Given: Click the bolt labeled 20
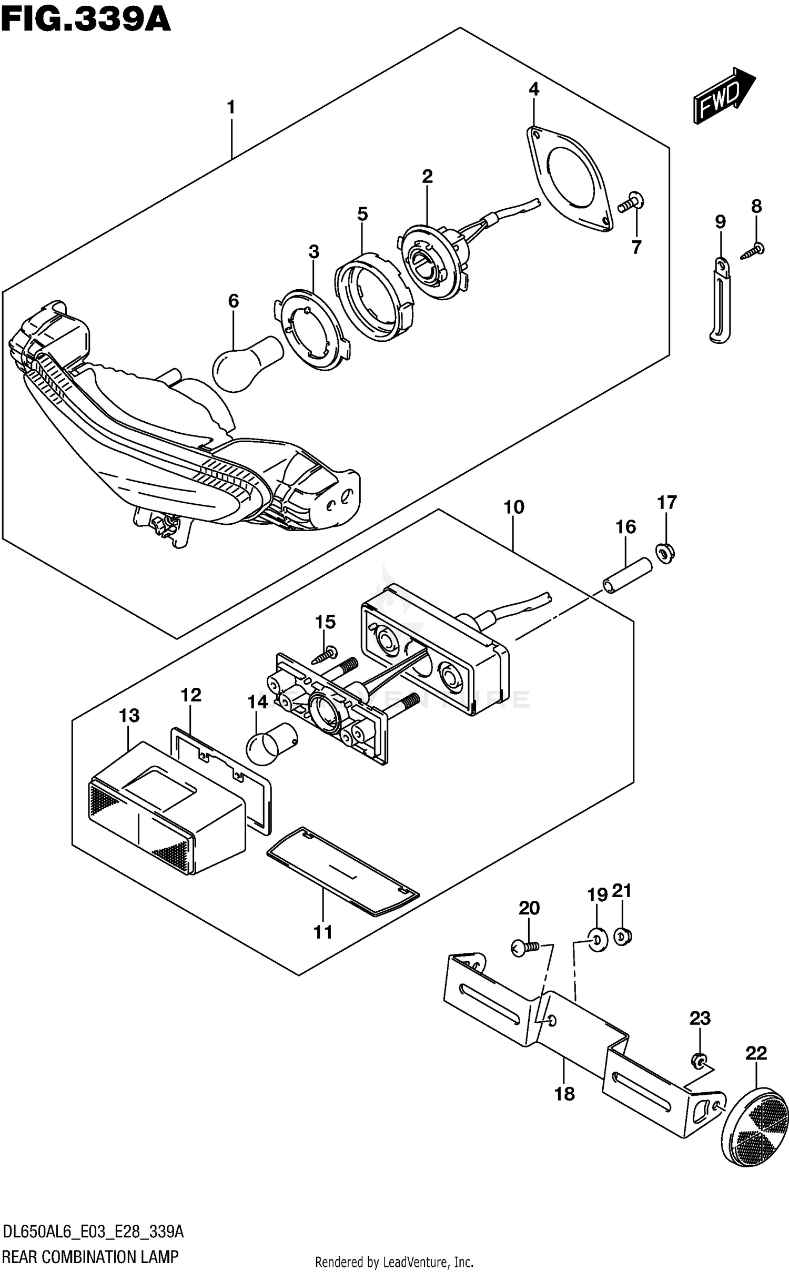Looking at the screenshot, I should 524,948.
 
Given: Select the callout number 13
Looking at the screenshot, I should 129,715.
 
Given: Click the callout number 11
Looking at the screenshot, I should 323,932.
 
